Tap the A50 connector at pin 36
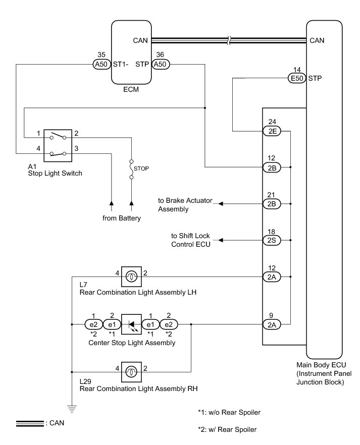coord(160,65)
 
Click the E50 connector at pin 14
coord(295,78)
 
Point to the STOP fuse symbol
coord(132,170)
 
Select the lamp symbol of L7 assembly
coord(131,277)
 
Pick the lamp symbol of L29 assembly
coord(131,372)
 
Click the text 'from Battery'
coord(120,218)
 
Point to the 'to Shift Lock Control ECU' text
coord(190,240)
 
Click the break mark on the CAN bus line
coord(230,40)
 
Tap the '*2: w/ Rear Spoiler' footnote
coord(227,430)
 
